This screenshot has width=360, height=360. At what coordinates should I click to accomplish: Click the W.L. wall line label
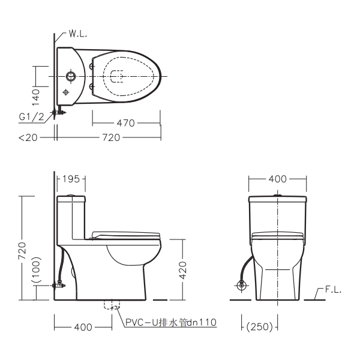[x=78, y=34]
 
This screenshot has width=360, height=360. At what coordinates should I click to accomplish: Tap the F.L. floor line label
[x=333, y=290]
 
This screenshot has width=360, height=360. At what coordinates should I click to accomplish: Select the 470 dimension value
[x=125, y=123]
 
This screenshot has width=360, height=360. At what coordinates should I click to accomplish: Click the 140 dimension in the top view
[x=35, y=97]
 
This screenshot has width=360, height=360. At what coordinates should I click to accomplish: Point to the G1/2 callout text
[x=31, y=117]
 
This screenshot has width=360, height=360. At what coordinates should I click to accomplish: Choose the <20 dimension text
[x=28, y=137]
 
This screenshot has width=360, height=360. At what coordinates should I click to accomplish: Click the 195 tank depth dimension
[x=71, y=179]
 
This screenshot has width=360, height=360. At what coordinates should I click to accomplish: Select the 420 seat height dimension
[x=183, y=270]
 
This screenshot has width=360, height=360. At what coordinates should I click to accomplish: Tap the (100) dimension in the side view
[x=37, y=270]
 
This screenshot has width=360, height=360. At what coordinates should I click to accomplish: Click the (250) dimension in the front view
[x=260, y=327]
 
